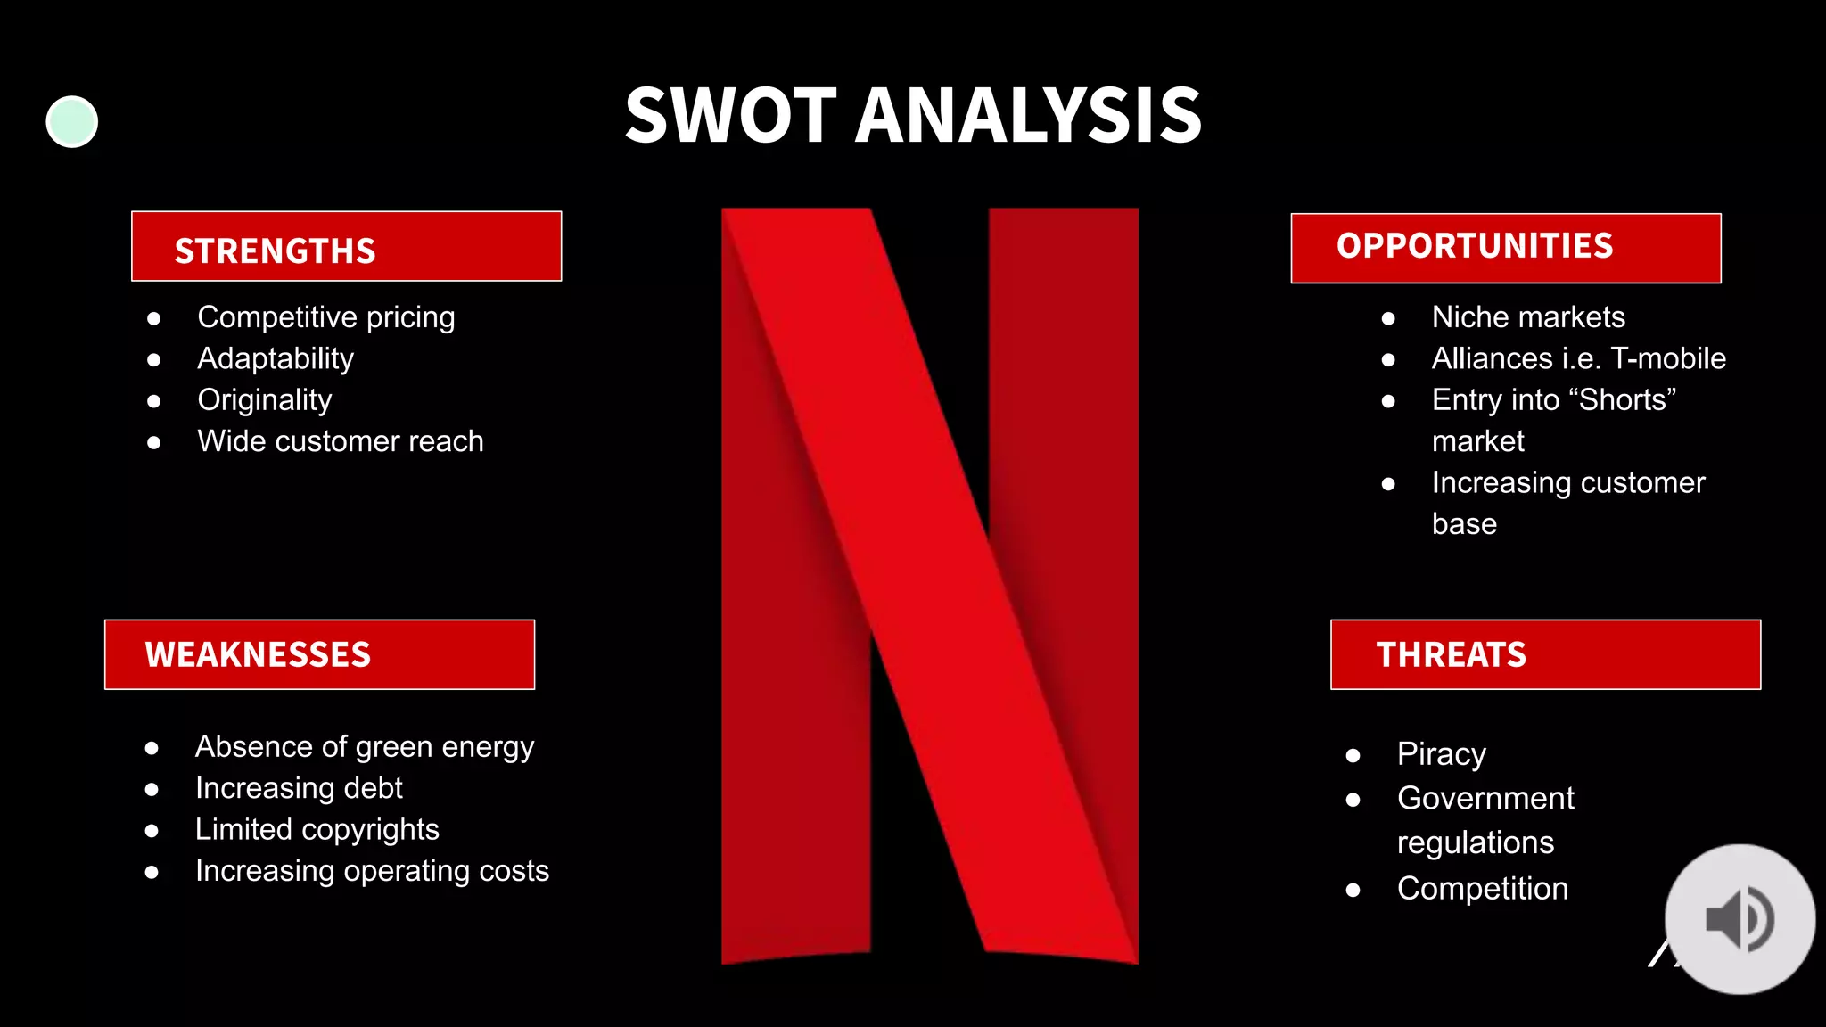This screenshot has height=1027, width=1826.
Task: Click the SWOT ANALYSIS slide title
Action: [913, 116]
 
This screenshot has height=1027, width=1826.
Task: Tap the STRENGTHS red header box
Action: [346, 247]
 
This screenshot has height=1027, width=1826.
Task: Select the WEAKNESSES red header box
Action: [319, 654]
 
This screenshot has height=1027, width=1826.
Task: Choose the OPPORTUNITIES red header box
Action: [1505, 248]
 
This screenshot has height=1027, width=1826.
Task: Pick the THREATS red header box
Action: [1545, 654]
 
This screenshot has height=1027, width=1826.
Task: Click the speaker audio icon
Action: [1740, 919]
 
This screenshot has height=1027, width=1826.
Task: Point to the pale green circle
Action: [72, 121]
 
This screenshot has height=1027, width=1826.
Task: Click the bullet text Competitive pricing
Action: [326, 317]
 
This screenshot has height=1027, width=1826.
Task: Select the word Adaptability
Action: [276, 358]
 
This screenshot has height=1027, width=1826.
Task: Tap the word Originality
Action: [265, 400]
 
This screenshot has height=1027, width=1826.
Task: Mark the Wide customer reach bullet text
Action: [341, 441]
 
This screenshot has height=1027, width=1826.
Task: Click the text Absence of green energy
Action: [365, 747]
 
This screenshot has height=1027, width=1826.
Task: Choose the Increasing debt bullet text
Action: [299, 788]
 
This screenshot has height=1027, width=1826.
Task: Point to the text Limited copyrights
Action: [317, 829]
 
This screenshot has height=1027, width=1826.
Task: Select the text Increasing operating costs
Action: [372, 871]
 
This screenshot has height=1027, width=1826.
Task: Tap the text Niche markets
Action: [1528, 317]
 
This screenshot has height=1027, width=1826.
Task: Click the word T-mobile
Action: [1668, 358]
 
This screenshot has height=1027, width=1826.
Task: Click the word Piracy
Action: [1441, 754]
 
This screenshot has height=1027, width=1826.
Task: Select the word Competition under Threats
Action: [1482, 889]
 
